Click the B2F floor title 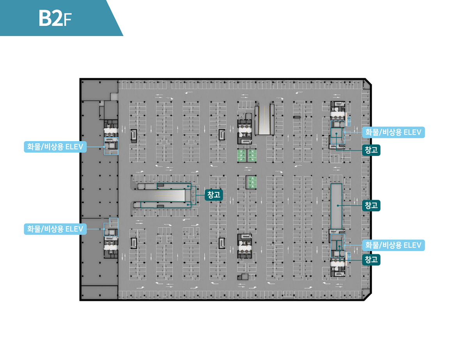[55, 18]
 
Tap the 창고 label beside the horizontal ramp [213, 195]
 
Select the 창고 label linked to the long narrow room [371, 206]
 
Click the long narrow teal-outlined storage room [336, 206]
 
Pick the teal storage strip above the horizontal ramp [174, 186]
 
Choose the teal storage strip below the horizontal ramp [166, 204]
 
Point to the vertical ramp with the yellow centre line [264, 119]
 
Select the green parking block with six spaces [247, 156]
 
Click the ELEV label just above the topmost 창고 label [393, 132]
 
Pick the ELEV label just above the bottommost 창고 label [393, 245]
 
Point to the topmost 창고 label [371, 150]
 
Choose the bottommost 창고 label [371, 260]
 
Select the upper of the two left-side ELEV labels [55, 147]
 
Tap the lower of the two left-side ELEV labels [55, 229]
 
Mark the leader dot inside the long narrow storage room [338, 206]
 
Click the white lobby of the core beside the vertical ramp [245, 131]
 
